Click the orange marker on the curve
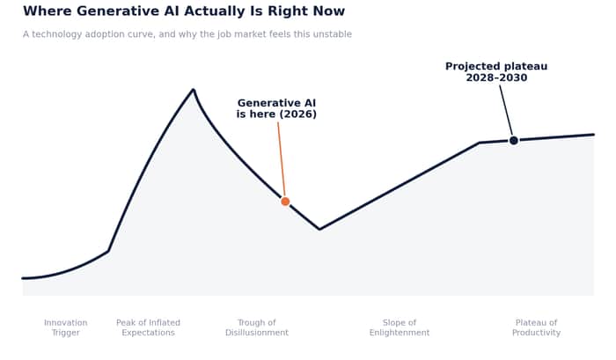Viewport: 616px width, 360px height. (x=285, y=202)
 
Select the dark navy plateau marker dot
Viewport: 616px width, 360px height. (x=513, y=140)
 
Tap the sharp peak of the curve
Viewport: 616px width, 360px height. (x=194, y=90)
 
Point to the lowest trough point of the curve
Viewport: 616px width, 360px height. (x=319, y=229)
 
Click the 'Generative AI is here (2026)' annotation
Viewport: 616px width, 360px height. (x=276, y=108)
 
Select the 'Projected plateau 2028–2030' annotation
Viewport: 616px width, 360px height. (x=496, y=72)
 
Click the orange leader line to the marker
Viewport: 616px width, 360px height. (x=282, y=159)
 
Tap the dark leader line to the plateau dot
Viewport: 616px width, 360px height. (x=506, y=110)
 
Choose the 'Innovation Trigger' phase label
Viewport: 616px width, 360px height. (x=66, y=327)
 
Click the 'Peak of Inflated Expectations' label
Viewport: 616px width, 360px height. (x=148, y=327)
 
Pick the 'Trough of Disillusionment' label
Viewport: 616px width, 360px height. (x=257, y=327)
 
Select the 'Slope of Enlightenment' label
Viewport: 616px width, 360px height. (x=400, y=327)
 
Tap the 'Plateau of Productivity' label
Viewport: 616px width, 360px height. (x=536, y=327)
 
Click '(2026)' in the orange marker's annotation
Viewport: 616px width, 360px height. (x=297, y=114)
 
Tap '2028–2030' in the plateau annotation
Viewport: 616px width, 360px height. (x=496, y=77)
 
